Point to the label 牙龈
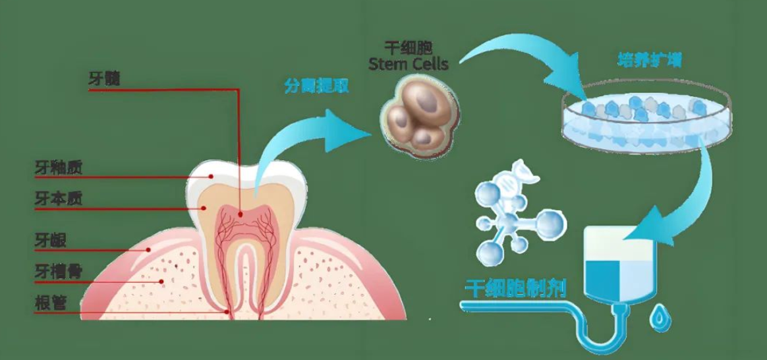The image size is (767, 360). pos(50,239)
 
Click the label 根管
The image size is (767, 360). pos(50,303)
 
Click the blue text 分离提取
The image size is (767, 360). pos(316,86)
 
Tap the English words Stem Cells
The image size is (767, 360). pos(408,64)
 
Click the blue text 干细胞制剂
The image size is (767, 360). pos(515,288)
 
